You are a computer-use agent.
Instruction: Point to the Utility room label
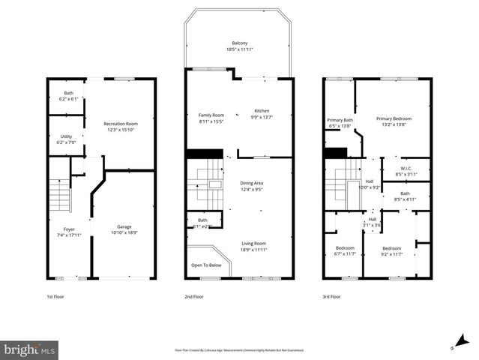tap(66, 136)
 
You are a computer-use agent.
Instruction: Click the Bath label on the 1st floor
tap(68, 93)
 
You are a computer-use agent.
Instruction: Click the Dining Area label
tap(251, 183)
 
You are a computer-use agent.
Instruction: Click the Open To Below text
tap(206, 265)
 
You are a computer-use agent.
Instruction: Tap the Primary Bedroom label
tap(394, 118)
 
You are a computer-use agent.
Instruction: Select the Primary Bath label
tap(340, 120)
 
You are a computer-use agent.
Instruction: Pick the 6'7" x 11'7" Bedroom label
tap(344, 248)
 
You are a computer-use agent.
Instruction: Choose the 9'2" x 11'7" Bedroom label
tap(391, 248)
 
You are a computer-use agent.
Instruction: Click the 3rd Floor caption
tap(332, 297)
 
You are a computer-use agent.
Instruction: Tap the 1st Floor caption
tap(55, 297)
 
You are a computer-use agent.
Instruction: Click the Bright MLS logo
tap(30, 349)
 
